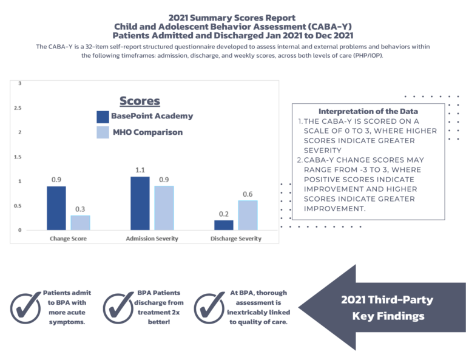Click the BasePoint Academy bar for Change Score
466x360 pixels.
tap(56, 208)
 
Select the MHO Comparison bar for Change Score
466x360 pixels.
tap(80, 222)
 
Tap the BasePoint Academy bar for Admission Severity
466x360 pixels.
tap(140, 203)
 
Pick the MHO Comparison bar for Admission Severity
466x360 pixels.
tap(164, 208)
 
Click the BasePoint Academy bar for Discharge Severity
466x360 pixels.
tap(223, 225)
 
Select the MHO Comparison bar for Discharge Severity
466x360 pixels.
tap(247, 215)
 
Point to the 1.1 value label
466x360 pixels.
tap(140, 170)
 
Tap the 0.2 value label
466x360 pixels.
tap(223, 214)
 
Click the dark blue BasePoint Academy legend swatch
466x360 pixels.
tap(103, 117)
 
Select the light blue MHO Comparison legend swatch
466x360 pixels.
tap(103, 132)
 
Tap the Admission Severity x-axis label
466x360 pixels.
tap(152, 239)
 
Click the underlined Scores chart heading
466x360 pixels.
tap(140, 101)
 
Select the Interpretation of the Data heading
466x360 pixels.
tap(368, 111)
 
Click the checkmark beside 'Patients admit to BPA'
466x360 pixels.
tap(25, 308)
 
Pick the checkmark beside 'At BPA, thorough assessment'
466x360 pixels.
tap(209, 308)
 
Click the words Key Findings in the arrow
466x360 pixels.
tap(387, 316)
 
